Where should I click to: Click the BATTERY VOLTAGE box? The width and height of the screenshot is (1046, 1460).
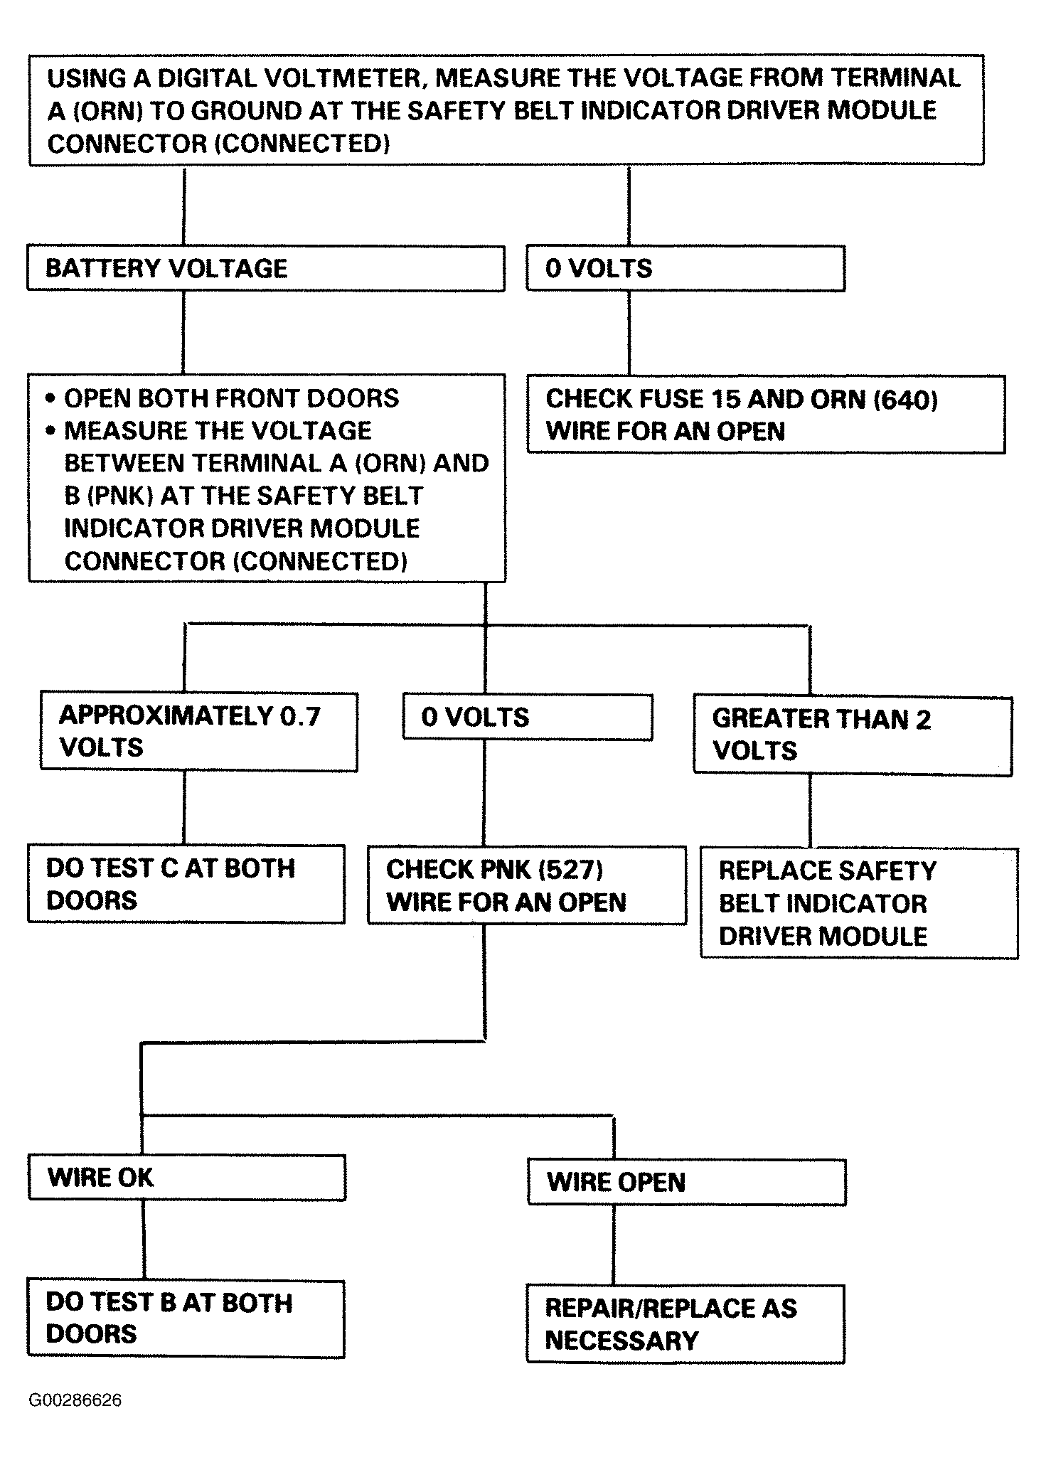pyautogui.click(x=265, y=268)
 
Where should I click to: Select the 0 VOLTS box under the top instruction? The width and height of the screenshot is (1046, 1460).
pyautogui.click(x=685, y=268)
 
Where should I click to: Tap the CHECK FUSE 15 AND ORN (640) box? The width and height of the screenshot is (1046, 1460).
pyautogui.click(x=766, y=415)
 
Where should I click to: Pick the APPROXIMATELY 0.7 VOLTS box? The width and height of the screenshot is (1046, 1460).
pyautogui.click(x=199, y=731)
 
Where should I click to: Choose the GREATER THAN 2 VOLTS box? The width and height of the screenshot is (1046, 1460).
pyautogui.click(x=853, y=735)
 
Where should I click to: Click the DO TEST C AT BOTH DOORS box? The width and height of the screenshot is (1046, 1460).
pyautogui.click(x=186, y=884)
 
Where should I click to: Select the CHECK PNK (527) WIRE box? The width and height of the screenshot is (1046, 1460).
pyautogui.click(x=527, y=885)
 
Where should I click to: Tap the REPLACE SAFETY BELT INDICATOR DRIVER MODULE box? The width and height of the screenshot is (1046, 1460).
pyautogui.click(x=859, y=903)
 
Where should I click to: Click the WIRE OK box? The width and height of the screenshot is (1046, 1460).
pyautogui.click(x=187, y=1178)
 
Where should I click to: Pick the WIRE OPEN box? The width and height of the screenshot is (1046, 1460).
pyautogui.click(x=687, y=1182)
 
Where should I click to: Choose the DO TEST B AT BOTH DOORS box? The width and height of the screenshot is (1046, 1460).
pyautogui.click(x=186, y=1318)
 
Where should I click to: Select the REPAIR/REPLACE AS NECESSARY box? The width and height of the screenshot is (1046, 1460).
pyautogui.click(x=685, y=1323)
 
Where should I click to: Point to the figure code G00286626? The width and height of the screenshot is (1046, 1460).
pyautogui.click(x=75, y=1400)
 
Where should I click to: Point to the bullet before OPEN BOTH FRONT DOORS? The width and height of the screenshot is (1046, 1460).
pyautogui.click(x=50, y=398)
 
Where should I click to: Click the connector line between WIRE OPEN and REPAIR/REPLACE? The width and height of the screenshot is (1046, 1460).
pyautogui.click(x=614, y=1245)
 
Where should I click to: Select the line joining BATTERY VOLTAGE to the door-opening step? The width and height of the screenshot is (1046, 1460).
pyautogui.click(x=183, y=333)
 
